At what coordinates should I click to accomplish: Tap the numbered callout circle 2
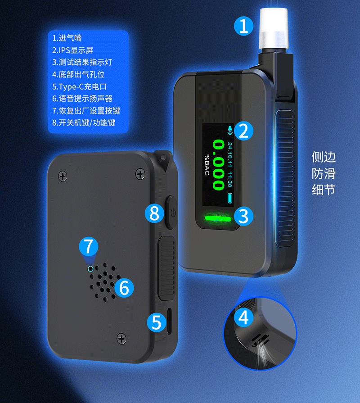coord(243,131)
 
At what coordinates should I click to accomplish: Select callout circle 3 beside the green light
coord(243,216)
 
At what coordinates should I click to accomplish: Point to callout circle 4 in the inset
coord(243,318)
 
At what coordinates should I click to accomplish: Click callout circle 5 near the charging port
coord(156,322)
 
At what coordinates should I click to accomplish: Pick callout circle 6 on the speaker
coord(124,287)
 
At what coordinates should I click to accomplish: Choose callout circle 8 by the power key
coord(154,213)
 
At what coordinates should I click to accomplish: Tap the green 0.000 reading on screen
coord(219,164)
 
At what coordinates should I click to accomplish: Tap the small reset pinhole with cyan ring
coord(90,269)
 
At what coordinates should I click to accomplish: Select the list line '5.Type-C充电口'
coord(79,86)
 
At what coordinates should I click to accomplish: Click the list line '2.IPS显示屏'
coord(72,50)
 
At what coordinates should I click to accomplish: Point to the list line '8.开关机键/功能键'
coord(84,122)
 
